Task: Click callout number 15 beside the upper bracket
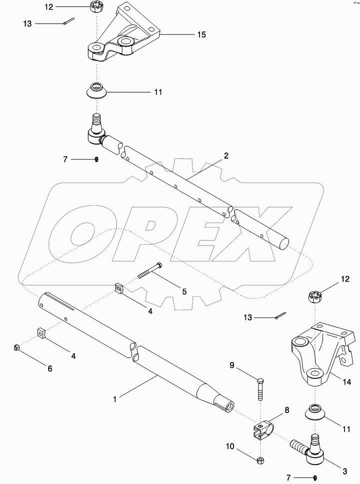pyautogui.click(x=201, y=35)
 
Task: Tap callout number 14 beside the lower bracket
pyautogui.click(x=346, y=382)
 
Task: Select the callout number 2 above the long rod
pyautogui.click(x=226, y=156)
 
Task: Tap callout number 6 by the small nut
pyautogui.click(x=49, y=368)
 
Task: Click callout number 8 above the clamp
pyautogui.click(x=287, y=410)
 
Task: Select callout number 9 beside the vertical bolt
pyautogui.click(x=231, y=365)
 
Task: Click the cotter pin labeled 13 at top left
pyautogui.click(x=69, y=21)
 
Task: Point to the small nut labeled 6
pyautogui.click(x=17, y=347)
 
